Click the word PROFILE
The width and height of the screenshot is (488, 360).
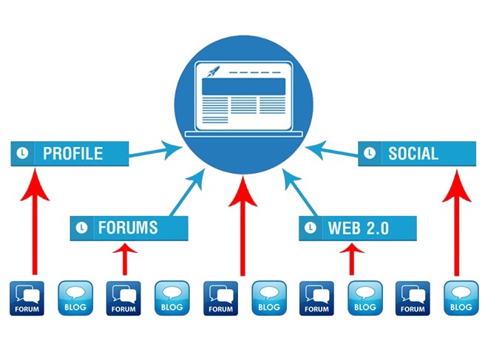click(72, 154)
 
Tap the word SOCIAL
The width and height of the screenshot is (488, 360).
click(413, 154)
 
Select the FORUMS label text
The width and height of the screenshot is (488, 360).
click(128, 228)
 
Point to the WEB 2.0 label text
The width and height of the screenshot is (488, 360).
click(358, 228)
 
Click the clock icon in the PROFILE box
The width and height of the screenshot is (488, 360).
click(22, 153)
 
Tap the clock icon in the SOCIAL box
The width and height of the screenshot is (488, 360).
click(370, 153)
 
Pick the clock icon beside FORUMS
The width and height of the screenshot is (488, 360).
click(81, 228)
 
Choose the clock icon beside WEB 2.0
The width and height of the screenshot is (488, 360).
click(311, 228)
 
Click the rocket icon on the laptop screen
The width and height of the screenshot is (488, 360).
click(214, 71)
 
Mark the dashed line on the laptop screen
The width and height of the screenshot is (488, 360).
click(255, 72)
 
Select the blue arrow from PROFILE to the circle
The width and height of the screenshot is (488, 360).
click(155, 151)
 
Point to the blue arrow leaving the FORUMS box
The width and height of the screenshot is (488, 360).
click(187, 192)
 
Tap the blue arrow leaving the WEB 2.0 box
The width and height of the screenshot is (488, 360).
click(300, 192)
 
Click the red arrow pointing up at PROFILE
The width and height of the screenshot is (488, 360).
click(35, 222)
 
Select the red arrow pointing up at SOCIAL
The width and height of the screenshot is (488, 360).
click(456, 223)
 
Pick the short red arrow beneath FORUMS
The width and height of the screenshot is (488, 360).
click(125, 259)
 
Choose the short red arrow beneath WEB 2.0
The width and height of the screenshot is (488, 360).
click(352, 259)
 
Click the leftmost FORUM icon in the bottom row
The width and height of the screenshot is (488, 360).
click(27, 299)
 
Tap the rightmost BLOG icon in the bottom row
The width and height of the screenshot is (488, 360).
click(461, 299)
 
